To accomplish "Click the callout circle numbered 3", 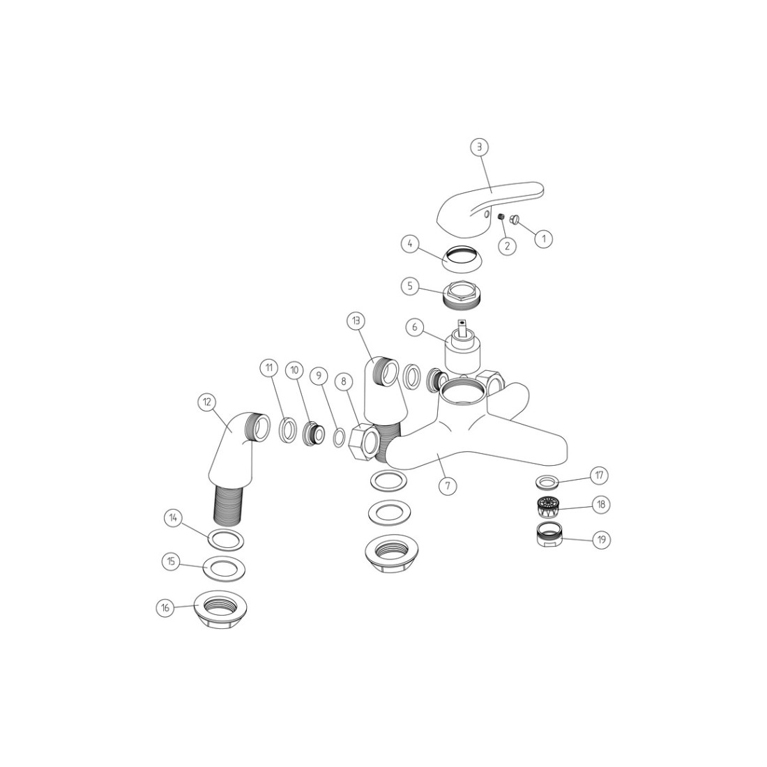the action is (480, 146).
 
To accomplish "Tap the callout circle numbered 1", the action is (543, 238).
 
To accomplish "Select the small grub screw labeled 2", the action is (501, 217).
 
